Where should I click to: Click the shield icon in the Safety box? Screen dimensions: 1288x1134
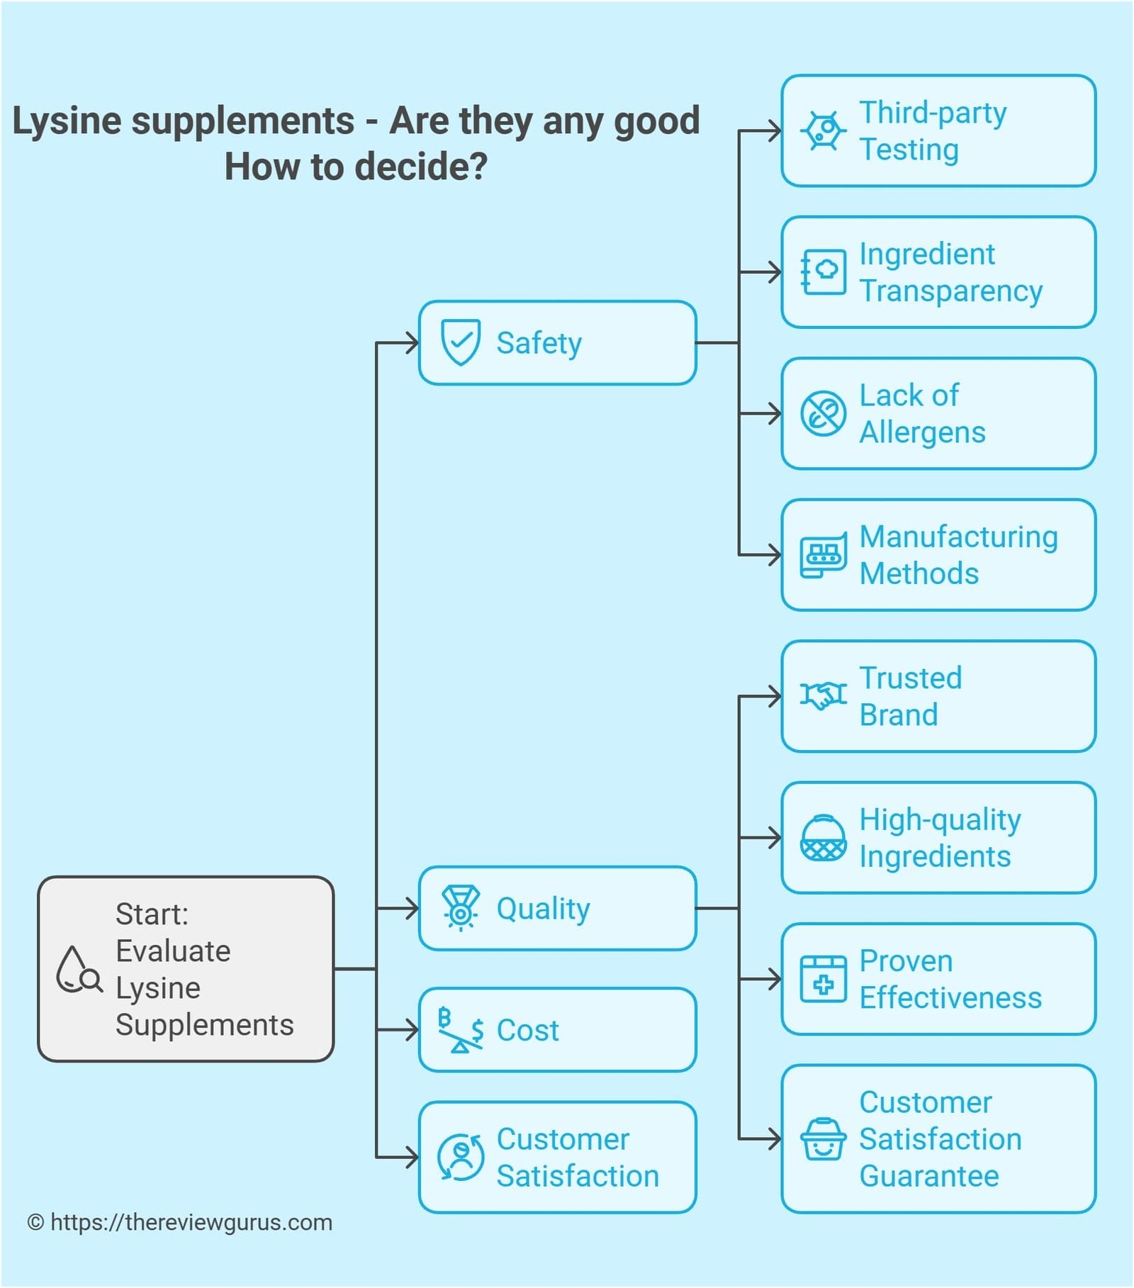(x=460, y=342)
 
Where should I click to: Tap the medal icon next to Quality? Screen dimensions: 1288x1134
(x=460, y=907)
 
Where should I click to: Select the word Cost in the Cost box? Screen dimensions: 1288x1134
(x=527, y=1030)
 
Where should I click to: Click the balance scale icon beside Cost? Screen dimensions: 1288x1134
(x=460, y=1030)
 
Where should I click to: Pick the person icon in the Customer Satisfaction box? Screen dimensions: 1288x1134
(x=461, y=1157)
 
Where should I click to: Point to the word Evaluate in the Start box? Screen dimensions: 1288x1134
(x=173, y=951)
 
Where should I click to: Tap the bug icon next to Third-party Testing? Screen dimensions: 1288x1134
(x=823, y=130)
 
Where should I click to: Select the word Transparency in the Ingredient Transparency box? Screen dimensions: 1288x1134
(x=950, y=291)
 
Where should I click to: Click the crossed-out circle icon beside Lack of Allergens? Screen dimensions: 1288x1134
(x=823, y=413)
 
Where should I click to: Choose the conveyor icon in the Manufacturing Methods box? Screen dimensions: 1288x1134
(x=823, y=555)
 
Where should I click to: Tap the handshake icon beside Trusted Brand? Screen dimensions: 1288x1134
(x=823, y=695)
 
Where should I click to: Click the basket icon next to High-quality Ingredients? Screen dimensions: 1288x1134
(x=823, y=838)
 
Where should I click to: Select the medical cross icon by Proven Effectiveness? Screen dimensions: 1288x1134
(x=823, y=979)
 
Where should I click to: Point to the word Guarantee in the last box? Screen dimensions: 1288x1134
(x=928, y=1176)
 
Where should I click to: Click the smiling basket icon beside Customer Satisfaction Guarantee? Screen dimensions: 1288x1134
(x=823, y=1139)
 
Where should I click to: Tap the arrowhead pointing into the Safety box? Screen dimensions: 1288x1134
(x=411, y=343)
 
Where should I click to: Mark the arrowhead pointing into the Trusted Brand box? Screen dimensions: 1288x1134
(x=774, y=696)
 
